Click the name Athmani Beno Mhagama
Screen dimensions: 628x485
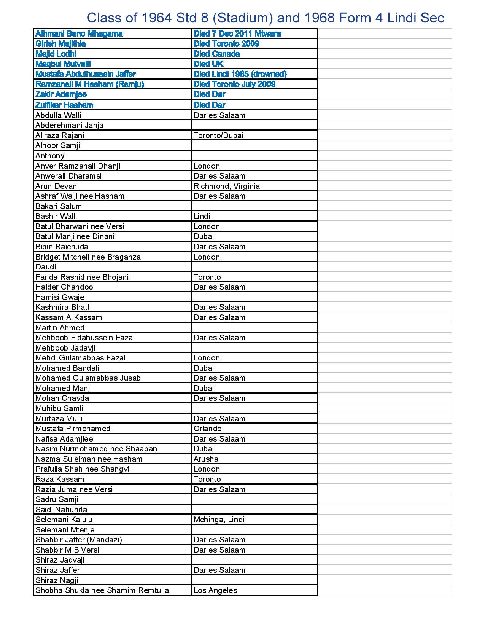tap(79, 33)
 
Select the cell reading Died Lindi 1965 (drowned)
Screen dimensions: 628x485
tap(240, 74)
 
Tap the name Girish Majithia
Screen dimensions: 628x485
tap(60, 44)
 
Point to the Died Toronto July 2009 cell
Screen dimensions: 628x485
tap(234, 84)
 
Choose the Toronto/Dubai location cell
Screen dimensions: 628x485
tap(218, 135)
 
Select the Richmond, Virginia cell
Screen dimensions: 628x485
tap(227, 186)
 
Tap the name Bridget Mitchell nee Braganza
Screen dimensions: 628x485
tap(88, 257)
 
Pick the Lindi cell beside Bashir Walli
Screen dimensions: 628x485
tap(202, 216)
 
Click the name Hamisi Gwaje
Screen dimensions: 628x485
tap(60, 297)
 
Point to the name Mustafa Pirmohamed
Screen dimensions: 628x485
tap(73, 429)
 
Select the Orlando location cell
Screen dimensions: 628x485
tap(207, 429)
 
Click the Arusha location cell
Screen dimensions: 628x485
tap(206, 459)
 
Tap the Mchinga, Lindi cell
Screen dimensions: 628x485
tap(219, 520)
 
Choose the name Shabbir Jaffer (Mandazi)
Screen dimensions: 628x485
tap(79, 540)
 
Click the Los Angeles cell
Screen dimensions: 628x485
tap(215, 590)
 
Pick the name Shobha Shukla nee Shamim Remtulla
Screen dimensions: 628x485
tap(102, 590)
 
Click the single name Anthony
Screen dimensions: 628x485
tap(50, 156)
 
